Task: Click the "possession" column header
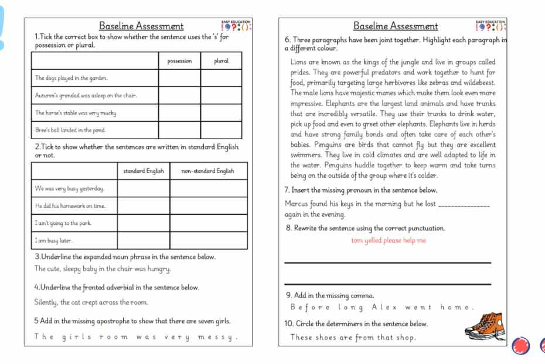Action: coord(179,61)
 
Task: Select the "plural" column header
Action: coord(221,61)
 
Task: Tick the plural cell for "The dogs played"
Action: coord(221,78)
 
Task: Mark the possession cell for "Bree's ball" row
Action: coord(179,130)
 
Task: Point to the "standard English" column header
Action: coord(144,171)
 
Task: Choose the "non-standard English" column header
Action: coord(208,171)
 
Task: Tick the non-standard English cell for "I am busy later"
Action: coord(208,240)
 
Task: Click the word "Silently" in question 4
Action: coord(46,303)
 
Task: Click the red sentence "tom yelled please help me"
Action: coord(389,241)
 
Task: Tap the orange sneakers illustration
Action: coord(484,325)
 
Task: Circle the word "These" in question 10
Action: coord(302,338)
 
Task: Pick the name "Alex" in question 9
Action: coord(385,307)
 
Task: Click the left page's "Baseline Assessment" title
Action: coord(141,26)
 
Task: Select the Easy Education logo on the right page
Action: coord(491,26)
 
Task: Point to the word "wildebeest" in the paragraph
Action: coord(477,83)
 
